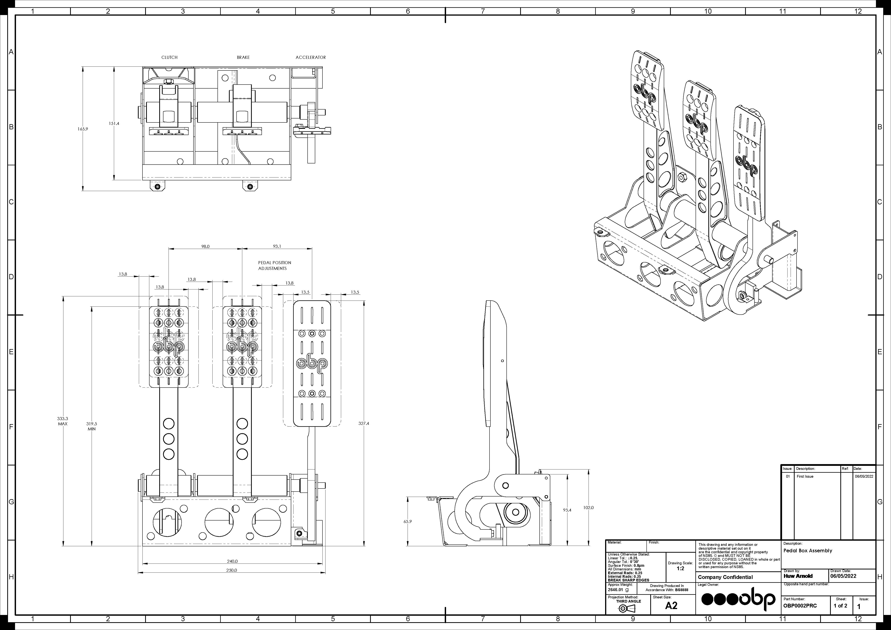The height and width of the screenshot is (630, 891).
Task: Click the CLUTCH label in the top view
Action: click(x=169, y=57)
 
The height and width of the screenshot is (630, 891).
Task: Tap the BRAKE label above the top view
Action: click(x=243, y=57)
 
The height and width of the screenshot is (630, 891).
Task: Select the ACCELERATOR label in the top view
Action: click(x=310, y=57)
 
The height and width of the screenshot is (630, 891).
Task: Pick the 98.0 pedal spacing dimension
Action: click(x=205, y=246)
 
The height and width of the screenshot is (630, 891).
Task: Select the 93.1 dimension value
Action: click(x=277, y=246)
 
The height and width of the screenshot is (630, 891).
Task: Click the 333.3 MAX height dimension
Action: click(x=62, y=421)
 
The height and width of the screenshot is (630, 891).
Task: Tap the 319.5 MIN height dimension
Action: click(x=92, y=426)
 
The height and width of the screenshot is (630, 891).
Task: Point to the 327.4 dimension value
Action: click(x=364, y=424)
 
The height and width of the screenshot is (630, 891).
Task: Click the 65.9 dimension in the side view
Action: click(x=407, y=522)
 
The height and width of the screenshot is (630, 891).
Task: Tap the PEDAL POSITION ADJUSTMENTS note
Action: click(x=275, y=265)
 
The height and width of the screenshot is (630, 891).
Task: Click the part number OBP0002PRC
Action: click(x=800, y=606)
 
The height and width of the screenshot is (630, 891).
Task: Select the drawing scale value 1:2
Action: click(x=680, y=568)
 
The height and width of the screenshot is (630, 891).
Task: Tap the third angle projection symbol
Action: click(x=624, y=609)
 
